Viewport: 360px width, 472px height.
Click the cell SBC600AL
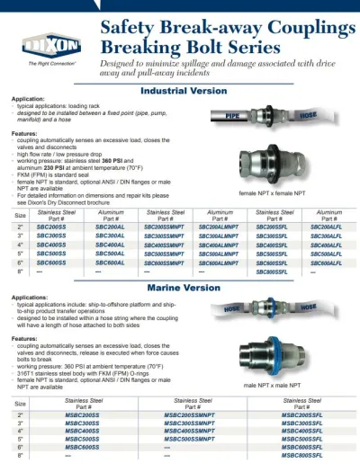click(x=111, y=262)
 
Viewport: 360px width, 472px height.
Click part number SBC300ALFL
click(x=326, y=236)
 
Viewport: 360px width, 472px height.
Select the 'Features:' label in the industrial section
click(x=24, y=133)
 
